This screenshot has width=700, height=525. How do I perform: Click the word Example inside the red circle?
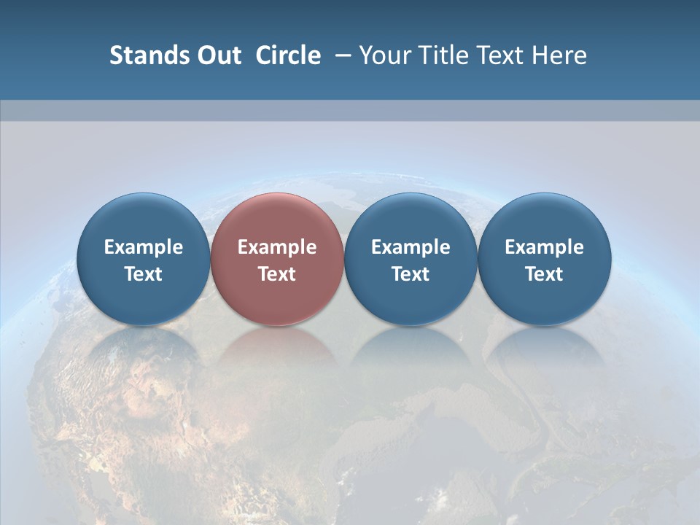pos(277,247)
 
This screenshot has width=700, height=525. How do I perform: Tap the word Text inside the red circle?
pos(277,274)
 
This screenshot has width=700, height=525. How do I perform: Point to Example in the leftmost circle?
pos(144,247)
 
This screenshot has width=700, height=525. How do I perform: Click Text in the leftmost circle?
pos(144,274)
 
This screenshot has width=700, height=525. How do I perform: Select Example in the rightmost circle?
pos(544,247)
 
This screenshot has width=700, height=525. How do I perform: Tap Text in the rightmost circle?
pos(544,274)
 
